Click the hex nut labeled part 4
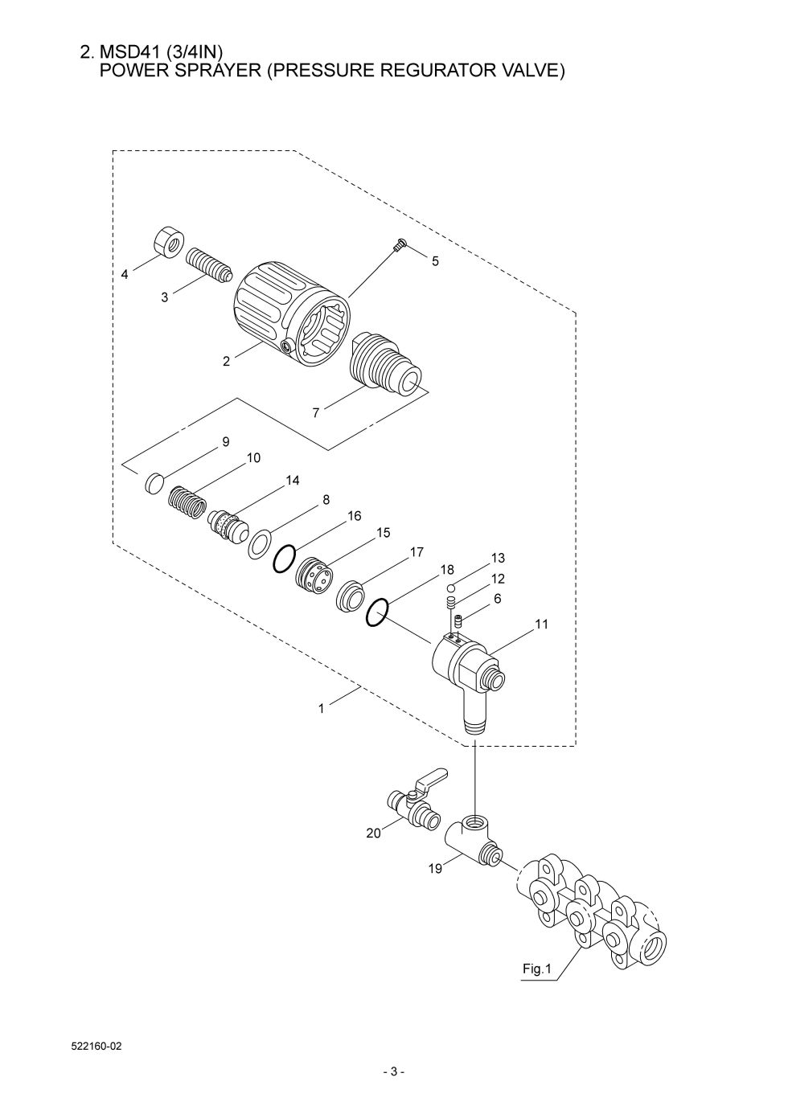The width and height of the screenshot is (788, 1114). coord(168,242)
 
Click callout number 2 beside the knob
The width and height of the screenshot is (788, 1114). coord(227,362)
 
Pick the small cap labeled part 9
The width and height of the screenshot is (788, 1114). coord(156,483)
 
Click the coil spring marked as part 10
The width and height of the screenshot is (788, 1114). coord(187,504)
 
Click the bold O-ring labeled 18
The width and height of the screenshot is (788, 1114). coord(379,613)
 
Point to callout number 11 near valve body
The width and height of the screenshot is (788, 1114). coord(541,624)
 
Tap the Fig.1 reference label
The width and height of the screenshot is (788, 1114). coord(536,969)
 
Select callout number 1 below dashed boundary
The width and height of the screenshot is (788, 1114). coord(321,709)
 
